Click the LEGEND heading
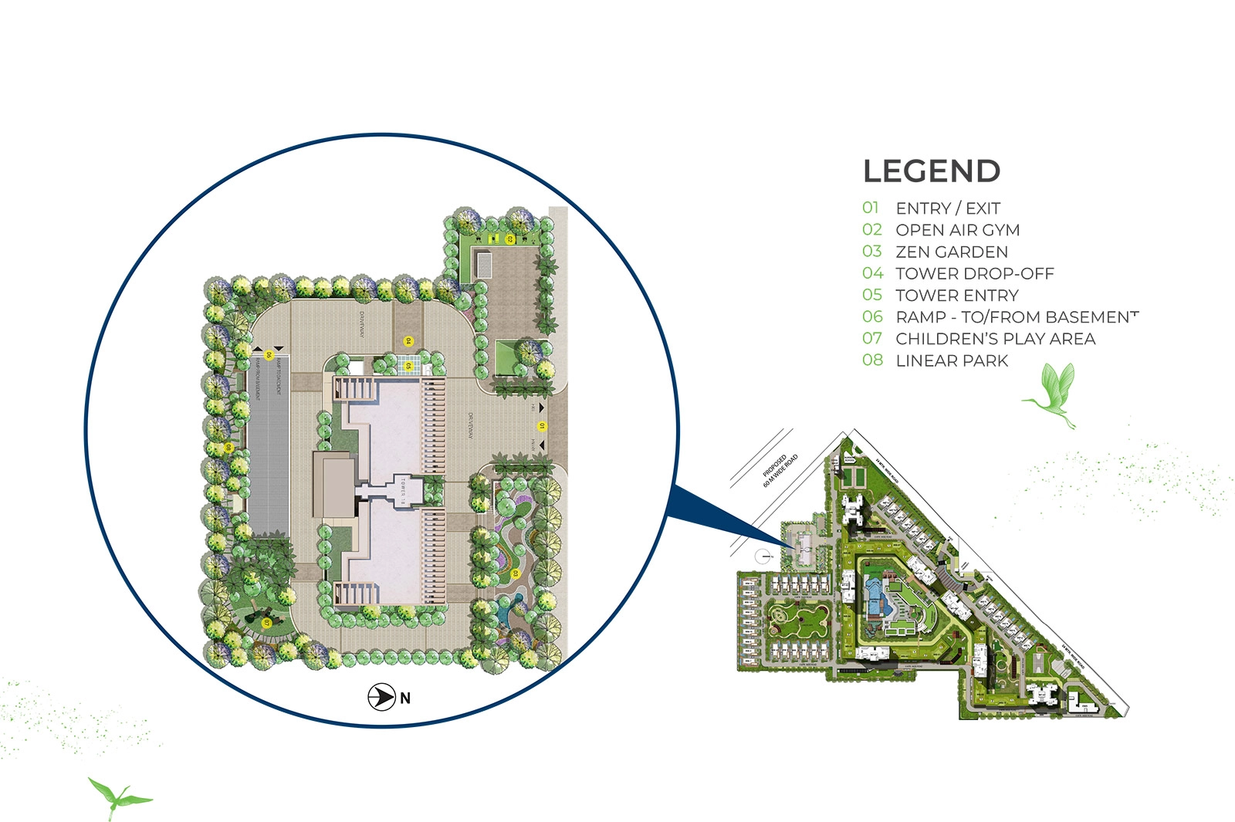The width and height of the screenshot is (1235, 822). point(931,171)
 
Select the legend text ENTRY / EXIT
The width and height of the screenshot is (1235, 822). point(947,208)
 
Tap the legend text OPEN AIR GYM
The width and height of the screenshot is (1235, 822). point(957,230)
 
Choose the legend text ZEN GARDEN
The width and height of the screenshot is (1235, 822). point(951,252)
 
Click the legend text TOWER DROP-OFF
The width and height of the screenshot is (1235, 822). point(974,273)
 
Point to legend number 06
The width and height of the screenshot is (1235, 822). point(872,316)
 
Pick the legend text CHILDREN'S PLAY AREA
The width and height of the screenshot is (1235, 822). point(995,339)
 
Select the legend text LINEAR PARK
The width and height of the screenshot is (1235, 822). point(952,360)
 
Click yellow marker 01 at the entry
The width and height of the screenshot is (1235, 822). point(542,426)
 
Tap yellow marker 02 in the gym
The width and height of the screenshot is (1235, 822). point(509,239)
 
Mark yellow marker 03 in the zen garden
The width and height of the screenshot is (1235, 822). point(515,573)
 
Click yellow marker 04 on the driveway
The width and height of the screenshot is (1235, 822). point(409,340)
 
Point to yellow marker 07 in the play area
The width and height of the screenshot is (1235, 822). point(266,622)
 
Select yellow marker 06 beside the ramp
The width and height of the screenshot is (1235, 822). point(269,355)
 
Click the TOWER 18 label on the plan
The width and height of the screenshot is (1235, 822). point(403,491)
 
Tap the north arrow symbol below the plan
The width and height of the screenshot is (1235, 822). point(381,697)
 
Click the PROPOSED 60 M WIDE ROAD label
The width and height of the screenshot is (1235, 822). point(780,470)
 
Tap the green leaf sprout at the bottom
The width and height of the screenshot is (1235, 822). point(117,797)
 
